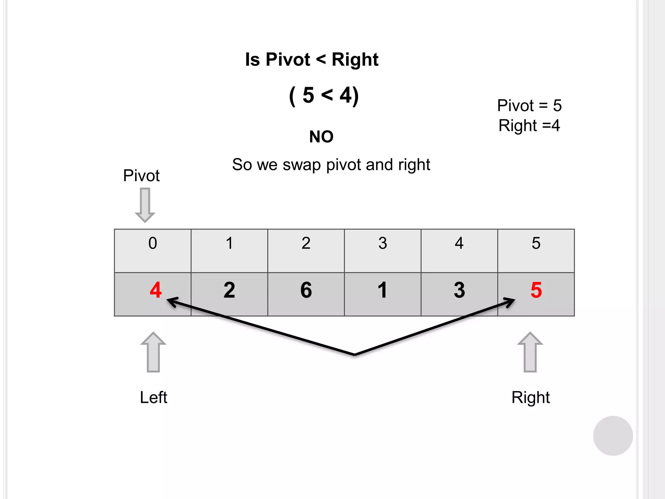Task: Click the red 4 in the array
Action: (x=156, y=290)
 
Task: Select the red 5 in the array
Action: (x=536, y=290)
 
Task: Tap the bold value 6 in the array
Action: (x=306, y=290)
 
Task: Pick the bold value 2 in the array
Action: (x=229, y=290)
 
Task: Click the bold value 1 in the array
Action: (x=383, y=290)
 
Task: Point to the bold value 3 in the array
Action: (x=459, y=290)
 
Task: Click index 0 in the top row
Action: (x=153, y=243)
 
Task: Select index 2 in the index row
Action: (x=306, y=243)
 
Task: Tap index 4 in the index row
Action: (x=459, y=243)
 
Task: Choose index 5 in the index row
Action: (x=536, y=243)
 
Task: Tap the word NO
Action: (x=321, y=136)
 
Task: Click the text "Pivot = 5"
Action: (x=529, y=105)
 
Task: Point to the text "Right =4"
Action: (x=529, y=125)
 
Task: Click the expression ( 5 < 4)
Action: (x=324, y=96)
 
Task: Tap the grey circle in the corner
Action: (x=613, y=436)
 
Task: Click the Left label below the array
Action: (x=153, y=397)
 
